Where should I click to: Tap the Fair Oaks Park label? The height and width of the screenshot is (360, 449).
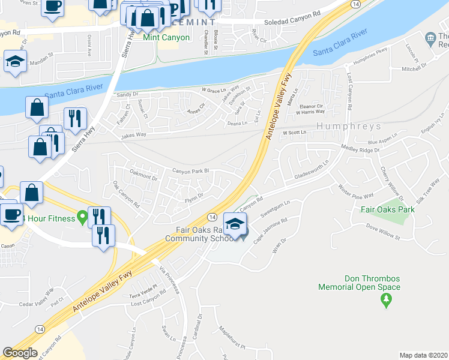pyautogui.click(x=388, y=210)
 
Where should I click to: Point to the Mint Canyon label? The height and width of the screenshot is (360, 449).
pyautogui.click(x=167, y=37)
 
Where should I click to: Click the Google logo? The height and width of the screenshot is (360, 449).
pyautogui.click(x=20, y=353)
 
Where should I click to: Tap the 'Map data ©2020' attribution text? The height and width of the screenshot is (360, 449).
pyautogui.click(x=423, y=355)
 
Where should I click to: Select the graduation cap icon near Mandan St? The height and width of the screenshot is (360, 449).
pyautogui.click(x=14, y=61)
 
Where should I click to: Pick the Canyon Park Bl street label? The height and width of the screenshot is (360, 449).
pyautogui.click(x=190, y=171)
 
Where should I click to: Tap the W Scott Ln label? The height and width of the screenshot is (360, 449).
pyautogui.click(x=294, y=133)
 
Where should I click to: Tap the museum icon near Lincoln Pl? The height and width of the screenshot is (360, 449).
pyautogui.click(x=430, y=40)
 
